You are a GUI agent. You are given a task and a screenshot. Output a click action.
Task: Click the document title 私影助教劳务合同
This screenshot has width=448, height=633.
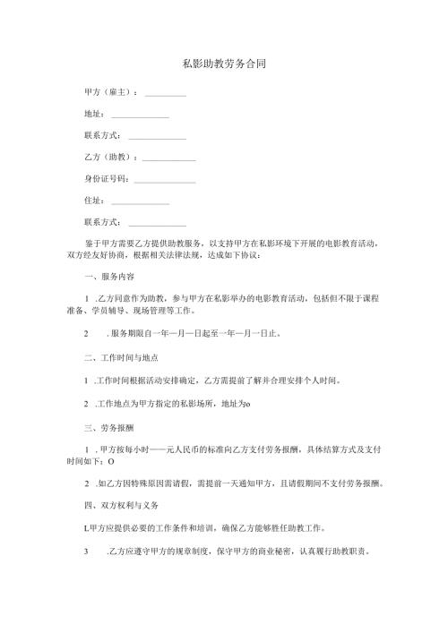pos(223,64)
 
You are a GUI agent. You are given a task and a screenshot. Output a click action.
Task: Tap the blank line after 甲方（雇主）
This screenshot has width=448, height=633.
pos(165,93)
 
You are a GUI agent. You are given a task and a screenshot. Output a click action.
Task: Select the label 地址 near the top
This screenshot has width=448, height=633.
pos(93,114)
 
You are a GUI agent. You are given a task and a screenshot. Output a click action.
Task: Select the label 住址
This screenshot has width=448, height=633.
pos(93,201)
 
